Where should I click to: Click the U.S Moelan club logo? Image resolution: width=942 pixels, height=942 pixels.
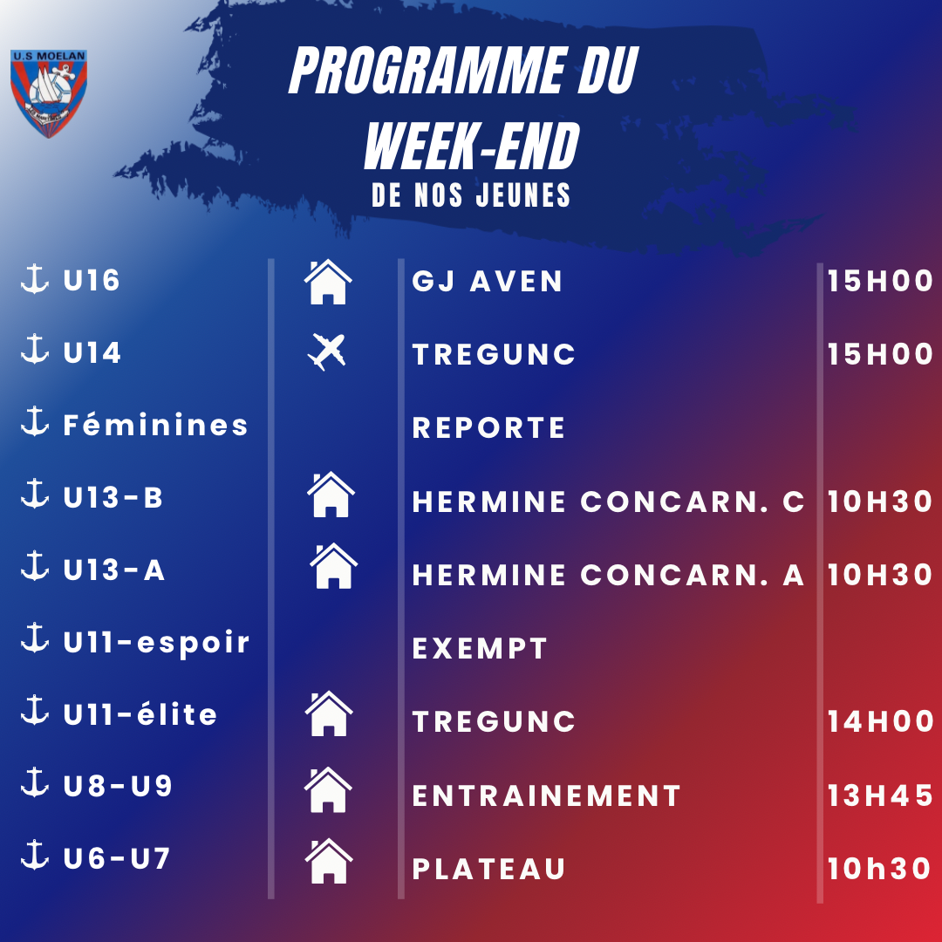pyautogui.click(x=49, y=93)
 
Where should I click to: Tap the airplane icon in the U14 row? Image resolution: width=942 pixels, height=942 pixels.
pyautogui.click(x=327, y=352)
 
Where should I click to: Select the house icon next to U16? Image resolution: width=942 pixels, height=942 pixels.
pyautogui.click(x=328, y=282)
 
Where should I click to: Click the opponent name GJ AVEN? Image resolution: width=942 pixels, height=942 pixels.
pyautogui.click(x=488, y=281)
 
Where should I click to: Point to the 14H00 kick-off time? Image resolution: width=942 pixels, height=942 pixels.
pyautogui.click(x=879, y=721)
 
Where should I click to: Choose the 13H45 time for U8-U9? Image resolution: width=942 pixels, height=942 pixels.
pyautogui.click(x=879, y=795)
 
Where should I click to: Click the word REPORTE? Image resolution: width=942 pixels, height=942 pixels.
pyautogui.click(x=488, y=427)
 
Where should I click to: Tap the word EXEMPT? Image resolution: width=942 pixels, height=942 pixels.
pyautogui.click(x=480, y=648)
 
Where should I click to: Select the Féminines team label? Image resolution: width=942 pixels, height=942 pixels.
pyautogui.click(x=155, y=424)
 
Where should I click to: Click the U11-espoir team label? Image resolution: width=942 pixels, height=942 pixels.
pyautogui.click(x=156, y=642)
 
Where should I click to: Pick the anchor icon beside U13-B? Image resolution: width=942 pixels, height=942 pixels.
pyautogui.click(x=35, y=494)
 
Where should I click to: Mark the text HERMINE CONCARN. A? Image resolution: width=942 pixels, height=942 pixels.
pyautogui.click(x=608, y=575)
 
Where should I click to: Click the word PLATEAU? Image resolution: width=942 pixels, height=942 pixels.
pyautogui.click(x=488, y=869)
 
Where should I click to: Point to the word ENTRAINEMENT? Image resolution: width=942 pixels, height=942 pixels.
pyautogui.click(x=546, y=795)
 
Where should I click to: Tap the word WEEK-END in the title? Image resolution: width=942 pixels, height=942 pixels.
pyautogui.click(x=472, y=146)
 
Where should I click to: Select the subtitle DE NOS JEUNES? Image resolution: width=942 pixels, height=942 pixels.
pyautogui.click(x=471, y=195)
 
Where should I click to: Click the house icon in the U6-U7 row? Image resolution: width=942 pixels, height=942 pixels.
pyautogui.click(x=329, y=861)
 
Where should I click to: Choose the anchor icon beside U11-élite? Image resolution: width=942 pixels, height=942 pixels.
pyautogui.click(x=35, y=710)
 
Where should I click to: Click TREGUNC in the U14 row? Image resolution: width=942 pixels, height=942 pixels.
pyautogui.click(x=494, y=354)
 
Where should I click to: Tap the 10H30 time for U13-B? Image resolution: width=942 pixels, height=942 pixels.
pyautogui.click(x=879, y=501)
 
